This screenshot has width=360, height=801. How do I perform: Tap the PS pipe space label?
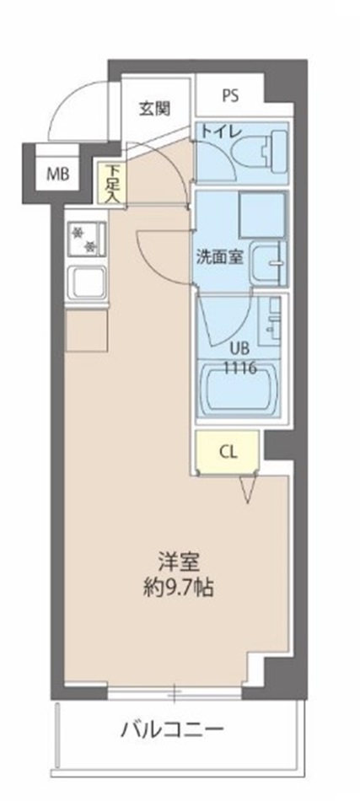click(x=230, y=95)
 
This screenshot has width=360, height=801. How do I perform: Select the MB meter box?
click(x=56, y=175)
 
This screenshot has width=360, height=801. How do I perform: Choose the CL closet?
click(x=228, y=451)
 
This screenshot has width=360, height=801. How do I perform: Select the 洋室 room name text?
click(x=176, y=560)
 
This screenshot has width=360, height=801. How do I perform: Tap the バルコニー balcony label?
click(x=172, y=727)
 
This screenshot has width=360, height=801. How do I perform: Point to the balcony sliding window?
click(x=174, y=695)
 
